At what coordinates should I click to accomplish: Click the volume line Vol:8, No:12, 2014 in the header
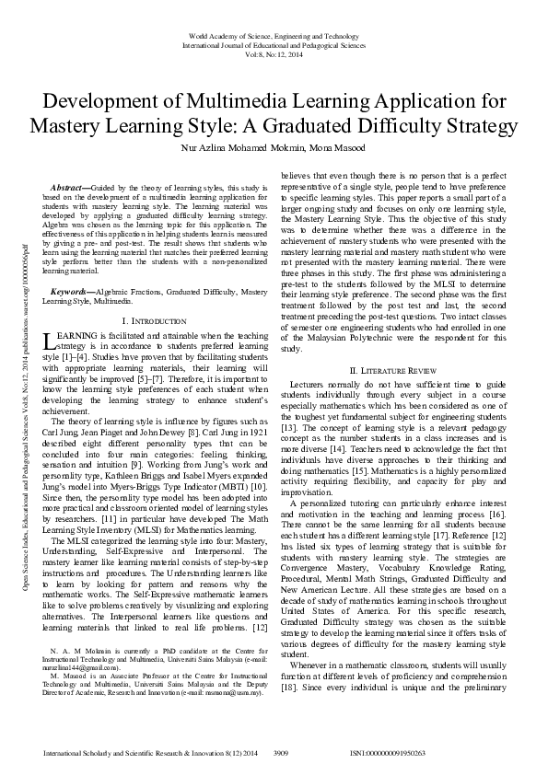click(x=274, y=53)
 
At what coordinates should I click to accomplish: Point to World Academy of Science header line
click(x=274, y=35)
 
